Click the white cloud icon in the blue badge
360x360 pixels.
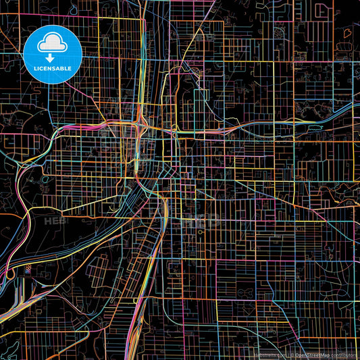point(52,43)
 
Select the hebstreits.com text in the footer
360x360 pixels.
point(269,354)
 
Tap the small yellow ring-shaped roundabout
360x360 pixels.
point(175,134)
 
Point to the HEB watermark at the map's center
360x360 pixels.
point(203,220)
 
